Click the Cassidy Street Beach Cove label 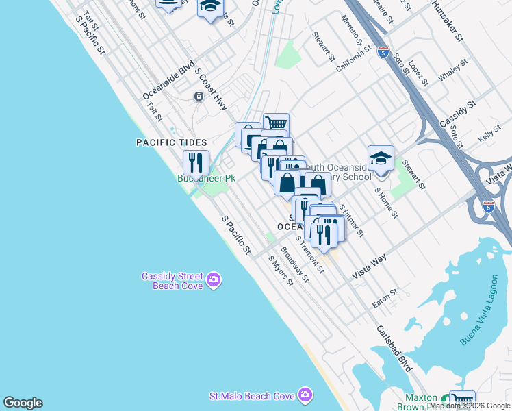[172, 281]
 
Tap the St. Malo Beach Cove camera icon [305, 395]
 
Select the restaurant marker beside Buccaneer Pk [196, 163]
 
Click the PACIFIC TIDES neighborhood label [171, 142]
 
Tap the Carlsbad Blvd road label [394, 348]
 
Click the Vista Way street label [370, 265]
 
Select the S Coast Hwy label [211, 89]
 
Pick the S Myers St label [281, 271]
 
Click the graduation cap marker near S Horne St [381, 158]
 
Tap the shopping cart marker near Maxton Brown [463, 401]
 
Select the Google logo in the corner [23, 403]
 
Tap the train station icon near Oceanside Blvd [198, 97]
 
